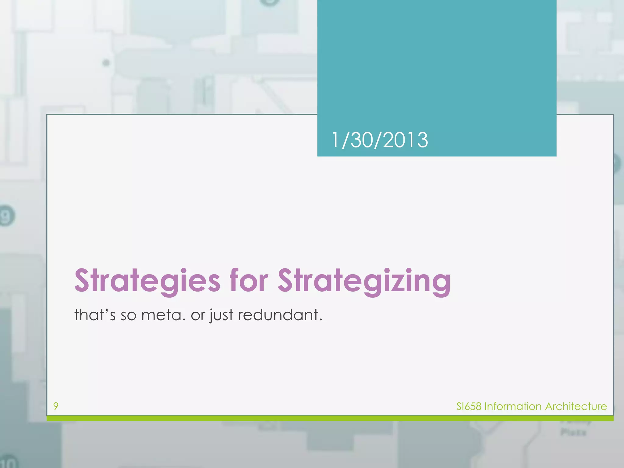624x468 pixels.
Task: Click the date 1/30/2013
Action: point(380,140)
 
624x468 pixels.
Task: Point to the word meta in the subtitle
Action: point(163,315)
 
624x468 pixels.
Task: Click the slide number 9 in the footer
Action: point(56,406)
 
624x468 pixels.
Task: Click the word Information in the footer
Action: point(513,406)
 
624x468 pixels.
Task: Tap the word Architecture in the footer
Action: point(576,406)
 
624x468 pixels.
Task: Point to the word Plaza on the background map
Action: point(573,432)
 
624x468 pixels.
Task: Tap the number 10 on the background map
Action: point(9,462)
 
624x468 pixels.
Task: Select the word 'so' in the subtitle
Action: point(128,315)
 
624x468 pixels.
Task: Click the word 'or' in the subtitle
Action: point(198,315)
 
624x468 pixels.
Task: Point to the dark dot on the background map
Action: point(106,63)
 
